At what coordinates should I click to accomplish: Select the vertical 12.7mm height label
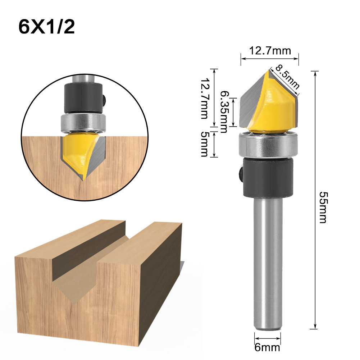click(204, 98)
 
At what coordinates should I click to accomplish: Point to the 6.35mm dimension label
click(224, 111)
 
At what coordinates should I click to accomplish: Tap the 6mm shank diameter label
click(268, 348)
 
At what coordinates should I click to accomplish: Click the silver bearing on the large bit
click(268, 146)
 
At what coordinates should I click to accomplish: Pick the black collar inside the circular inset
click(82, 95)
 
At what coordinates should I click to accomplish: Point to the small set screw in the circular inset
click(104, 97)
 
